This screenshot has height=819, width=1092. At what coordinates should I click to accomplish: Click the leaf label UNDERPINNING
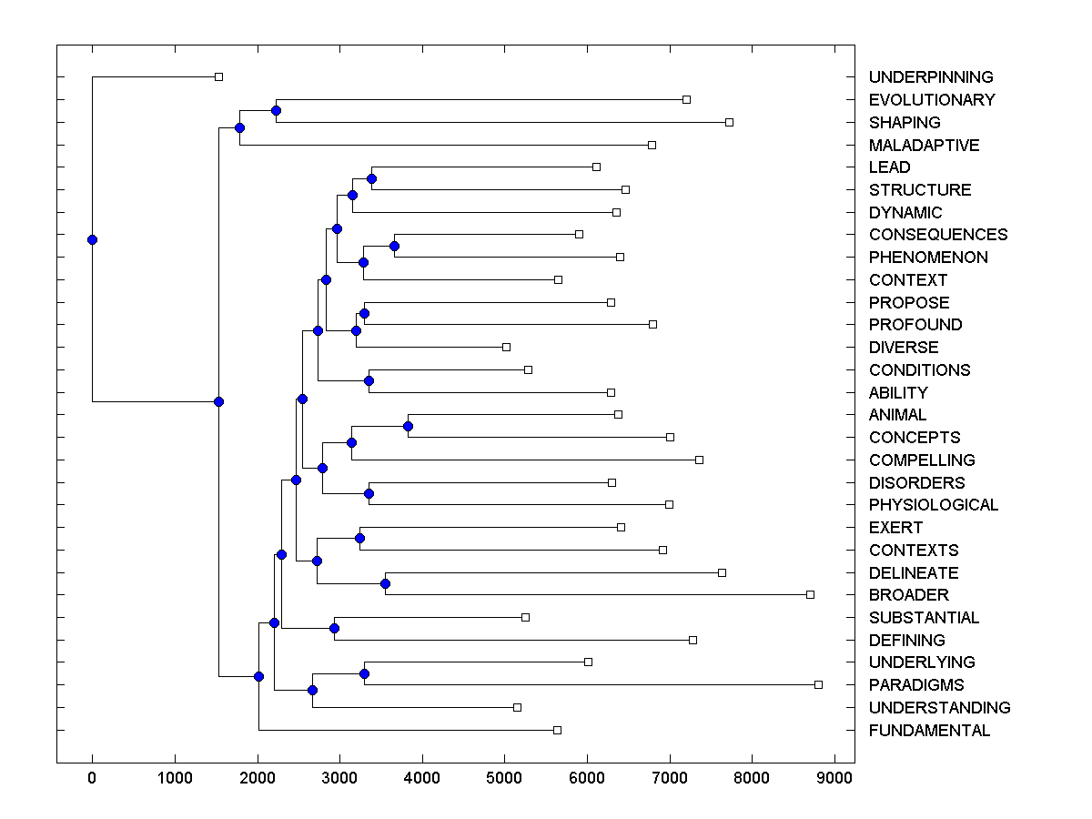[x=931, y=77]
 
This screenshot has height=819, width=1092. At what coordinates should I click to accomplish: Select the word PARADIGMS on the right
[x=916, y=685]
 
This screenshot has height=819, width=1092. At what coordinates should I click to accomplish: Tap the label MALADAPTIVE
[x=924, y=146]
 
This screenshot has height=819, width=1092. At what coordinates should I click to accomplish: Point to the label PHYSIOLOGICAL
[x=934, y=505]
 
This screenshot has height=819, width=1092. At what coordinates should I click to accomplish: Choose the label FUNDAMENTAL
[x=929, y=731]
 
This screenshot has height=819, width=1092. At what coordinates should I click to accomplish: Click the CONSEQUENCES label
[x=938, y=235]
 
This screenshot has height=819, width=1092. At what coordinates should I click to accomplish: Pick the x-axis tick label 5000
[x=505, y=778]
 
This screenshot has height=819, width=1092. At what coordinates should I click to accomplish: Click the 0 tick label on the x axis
[x=92, y=778]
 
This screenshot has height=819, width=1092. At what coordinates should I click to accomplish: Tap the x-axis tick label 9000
[x=835, y=778]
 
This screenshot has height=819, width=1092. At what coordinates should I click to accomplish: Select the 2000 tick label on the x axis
[x=258, y=778]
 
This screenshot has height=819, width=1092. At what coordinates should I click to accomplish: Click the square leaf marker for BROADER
[x=810, y=594]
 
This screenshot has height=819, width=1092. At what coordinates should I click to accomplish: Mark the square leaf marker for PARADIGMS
[x=818, y=684]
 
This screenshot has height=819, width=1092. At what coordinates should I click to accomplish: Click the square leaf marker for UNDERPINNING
[x=218, y=77]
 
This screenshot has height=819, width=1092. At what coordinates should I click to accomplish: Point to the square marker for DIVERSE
[x=507, y=347]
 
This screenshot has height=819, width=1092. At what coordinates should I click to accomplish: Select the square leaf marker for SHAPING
[x=729, y=122]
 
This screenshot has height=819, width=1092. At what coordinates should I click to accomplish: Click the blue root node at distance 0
[x=92, y=239]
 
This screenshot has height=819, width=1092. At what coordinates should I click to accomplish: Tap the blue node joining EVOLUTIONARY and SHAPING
[x=276, y=110]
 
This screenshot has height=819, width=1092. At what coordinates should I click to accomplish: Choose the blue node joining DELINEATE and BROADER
[x=385, y=583]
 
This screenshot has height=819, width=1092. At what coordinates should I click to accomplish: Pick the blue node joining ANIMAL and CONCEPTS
[x=408, y=426]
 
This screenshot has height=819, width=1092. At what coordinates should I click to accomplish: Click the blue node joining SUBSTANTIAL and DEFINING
[x=334, y=628]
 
